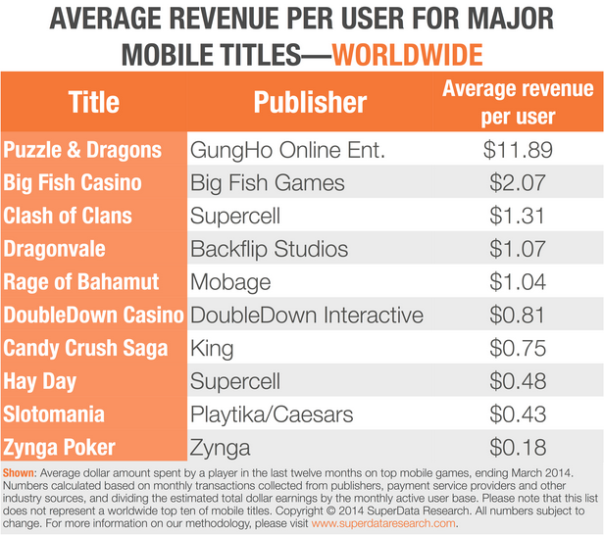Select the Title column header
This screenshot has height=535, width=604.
point(94,102)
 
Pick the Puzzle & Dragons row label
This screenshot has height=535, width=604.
point(82,150)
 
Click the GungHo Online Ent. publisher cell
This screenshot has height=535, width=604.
point(288,150)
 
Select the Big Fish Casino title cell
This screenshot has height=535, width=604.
point(73,183)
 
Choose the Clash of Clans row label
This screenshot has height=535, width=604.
point(68,217)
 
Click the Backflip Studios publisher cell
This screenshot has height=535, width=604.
point(269,250)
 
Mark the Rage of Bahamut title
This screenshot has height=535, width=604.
point(81,283)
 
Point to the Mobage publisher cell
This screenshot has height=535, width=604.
point(230,283)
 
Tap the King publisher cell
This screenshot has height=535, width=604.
point(213,349)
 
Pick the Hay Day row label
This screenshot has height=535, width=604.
point(40,382)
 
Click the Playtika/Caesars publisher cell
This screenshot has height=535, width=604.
point(271,414)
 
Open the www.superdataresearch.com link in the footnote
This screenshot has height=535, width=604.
point(383,523)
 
